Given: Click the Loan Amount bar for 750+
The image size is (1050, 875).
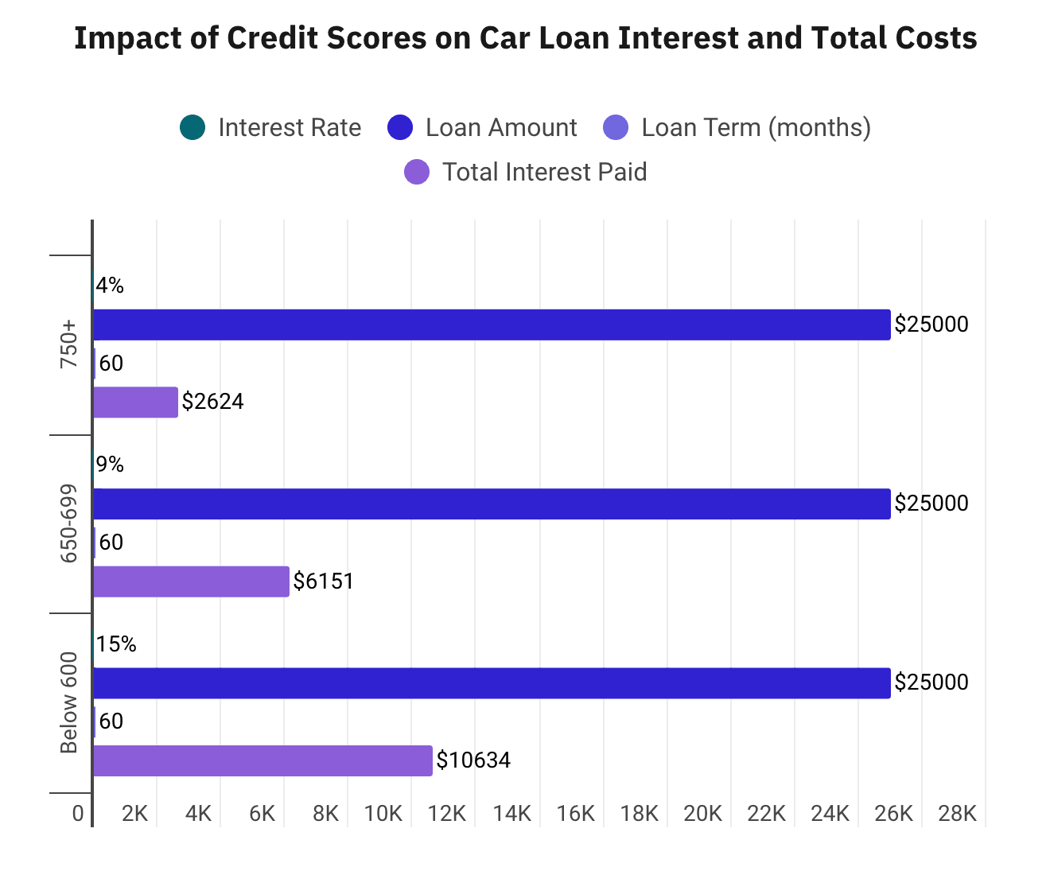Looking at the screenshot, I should [x=492, y=325].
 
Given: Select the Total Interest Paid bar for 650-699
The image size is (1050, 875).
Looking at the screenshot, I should [x=191, y=581].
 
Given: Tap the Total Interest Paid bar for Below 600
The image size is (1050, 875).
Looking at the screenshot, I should [x=262, y=760].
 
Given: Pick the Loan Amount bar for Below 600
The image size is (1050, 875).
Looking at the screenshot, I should [x=492, y=683].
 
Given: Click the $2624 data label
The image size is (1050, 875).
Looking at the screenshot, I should [x=212, y=402].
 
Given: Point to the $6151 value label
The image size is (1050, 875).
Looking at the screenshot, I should [x=323, y=581].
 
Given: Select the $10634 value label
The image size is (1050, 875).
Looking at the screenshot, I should [x=473, y=760].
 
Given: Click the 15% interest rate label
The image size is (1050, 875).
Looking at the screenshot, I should [x=116, y=644].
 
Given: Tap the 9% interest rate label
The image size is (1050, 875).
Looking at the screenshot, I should [x=110, y=465].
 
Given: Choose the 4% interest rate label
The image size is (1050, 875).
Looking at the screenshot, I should [x=110, y=286].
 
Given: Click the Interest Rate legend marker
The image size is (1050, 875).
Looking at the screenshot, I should [x=192, y=127].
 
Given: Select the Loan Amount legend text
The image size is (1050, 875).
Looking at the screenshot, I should [x=501, y=127].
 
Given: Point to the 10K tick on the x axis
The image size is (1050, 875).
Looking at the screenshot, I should [x=383, y=814].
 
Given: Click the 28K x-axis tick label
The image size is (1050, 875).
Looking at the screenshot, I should [x=957, y=814].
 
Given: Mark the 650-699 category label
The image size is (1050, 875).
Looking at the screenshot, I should [x=69, y=523].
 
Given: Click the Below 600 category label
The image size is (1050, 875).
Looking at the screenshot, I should [x=69, y=703].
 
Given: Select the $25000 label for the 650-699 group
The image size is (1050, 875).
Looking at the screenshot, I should [x=931, y=504].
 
